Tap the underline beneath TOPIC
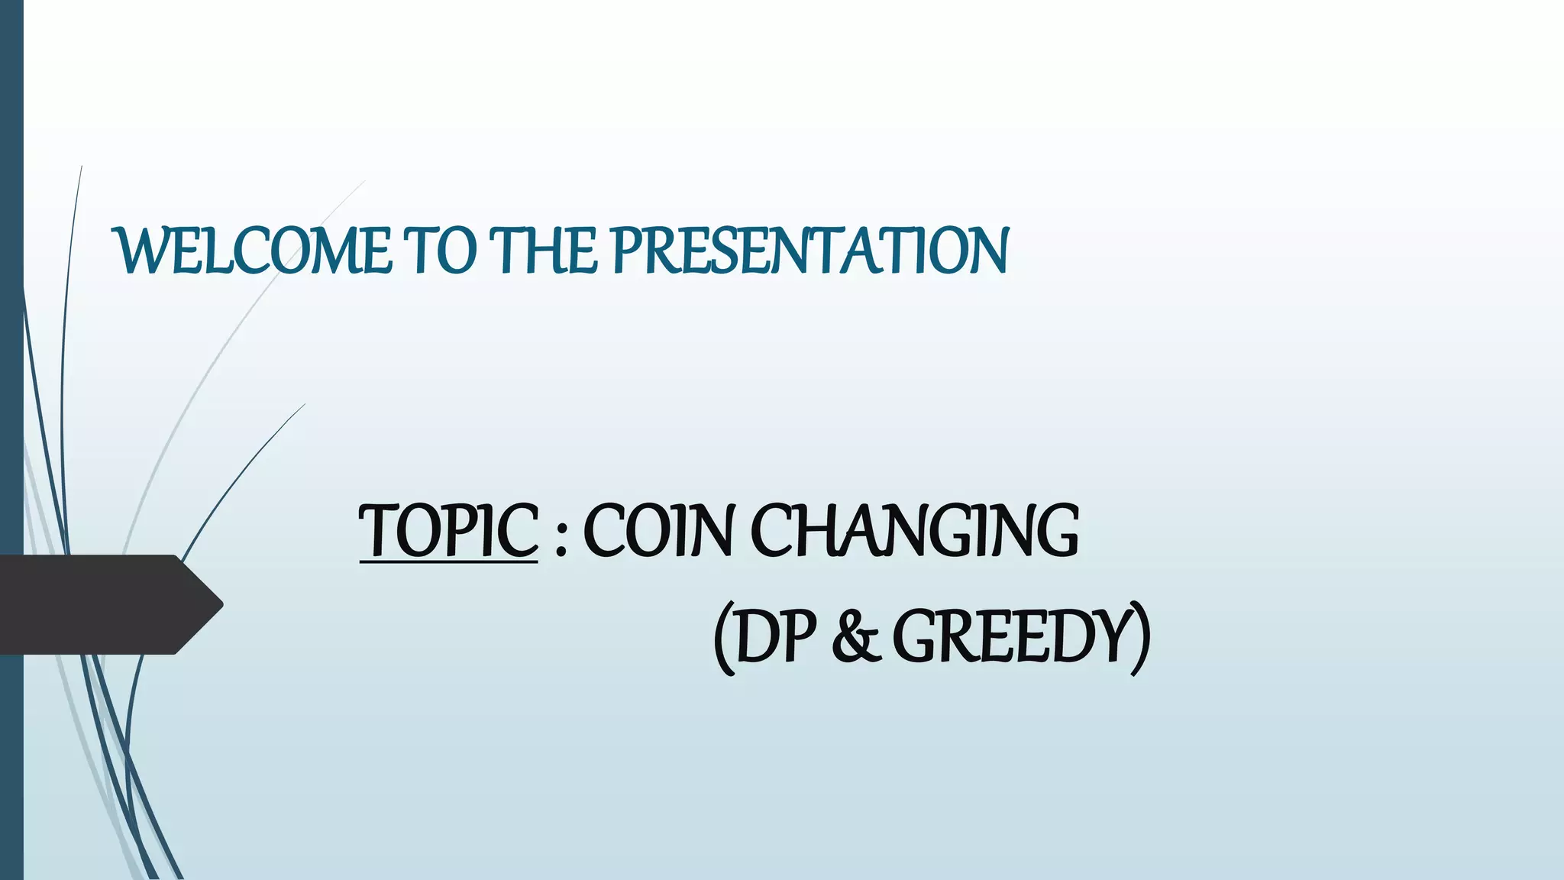[448, 563]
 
